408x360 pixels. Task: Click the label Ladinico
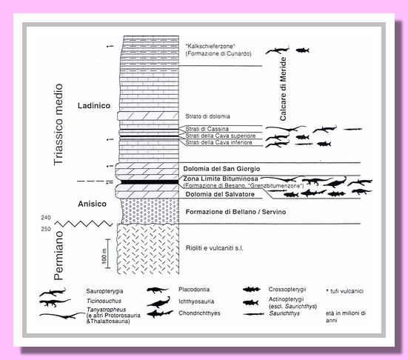94,106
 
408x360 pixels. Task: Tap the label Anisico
92,204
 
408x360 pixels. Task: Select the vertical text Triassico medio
58,124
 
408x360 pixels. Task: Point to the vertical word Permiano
58,256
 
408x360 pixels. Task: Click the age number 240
46,218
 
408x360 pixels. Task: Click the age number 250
46,229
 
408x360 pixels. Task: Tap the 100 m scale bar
108,253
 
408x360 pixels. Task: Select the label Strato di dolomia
207,116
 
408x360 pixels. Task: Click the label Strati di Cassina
207,129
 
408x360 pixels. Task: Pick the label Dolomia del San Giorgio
221,169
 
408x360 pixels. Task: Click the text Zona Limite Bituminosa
221,179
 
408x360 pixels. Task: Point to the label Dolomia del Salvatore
220,194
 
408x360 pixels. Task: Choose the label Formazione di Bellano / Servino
235,212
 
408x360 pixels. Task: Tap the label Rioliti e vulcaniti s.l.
215,248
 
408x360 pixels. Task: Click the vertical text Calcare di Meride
283,89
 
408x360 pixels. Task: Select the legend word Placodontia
194,290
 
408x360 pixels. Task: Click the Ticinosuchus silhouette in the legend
55,303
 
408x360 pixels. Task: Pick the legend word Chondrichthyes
199,313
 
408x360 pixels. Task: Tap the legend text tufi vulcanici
345,291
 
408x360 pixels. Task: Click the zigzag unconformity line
84,224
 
